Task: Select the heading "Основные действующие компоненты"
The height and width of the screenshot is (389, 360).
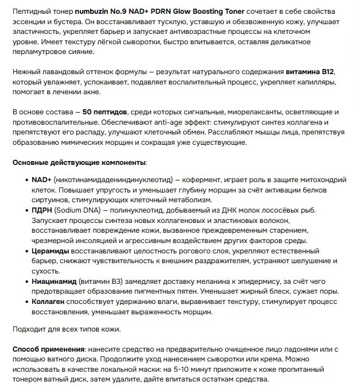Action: coord(79,163)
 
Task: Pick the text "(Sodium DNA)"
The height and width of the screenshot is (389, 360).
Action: coord(77,210)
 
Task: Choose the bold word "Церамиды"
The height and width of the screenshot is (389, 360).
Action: coord(51,251)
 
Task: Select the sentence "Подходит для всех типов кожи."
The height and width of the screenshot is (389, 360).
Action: coord(67,329)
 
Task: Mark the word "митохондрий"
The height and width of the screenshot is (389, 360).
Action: coord(319,180)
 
